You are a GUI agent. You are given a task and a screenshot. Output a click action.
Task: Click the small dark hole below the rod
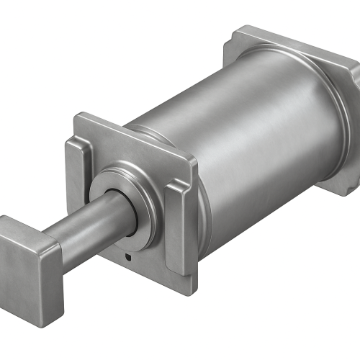click(x=127, y=256)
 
